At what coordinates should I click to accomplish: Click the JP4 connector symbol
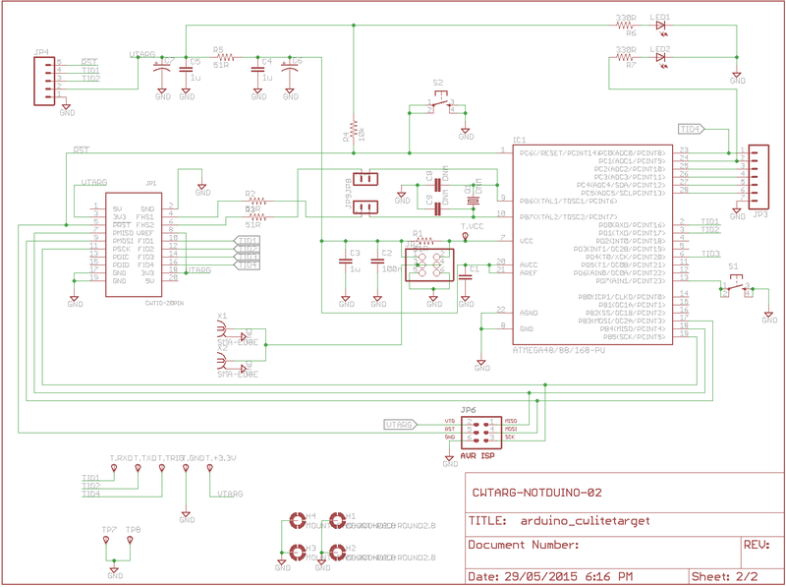[x=43, y=78]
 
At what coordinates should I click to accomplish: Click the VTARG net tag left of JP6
[x=401, y=425]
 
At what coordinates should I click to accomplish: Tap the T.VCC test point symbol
[x=466, y=235]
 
